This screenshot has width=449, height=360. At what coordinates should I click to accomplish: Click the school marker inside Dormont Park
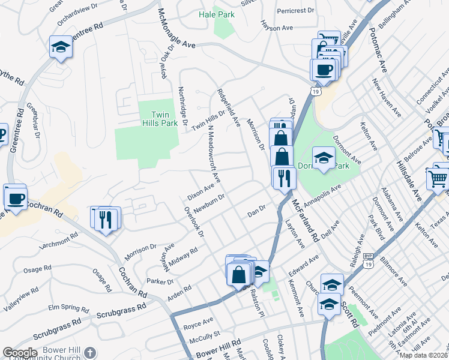click(x=324, y=158)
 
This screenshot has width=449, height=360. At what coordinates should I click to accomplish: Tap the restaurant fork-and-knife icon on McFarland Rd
click(x=283, y=178)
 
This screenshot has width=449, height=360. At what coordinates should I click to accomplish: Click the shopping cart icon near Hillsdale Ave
click(x=438, y=178)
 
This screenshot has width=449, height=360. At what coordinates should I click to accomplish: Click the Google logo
click(x=19, y=353)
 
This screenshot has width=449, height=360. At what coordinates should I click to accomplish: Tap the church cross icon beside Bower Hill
click(x=89, y=353)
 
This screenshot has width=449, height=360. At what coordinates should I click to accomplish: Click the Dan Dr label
click(x=256, y=214)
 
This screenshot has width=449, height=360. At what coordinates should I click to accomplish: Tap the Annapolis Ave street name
click(x=322, y=196)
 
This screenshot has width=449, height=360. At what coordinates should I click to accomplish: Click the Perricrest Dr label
click(x=296, y=11)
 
